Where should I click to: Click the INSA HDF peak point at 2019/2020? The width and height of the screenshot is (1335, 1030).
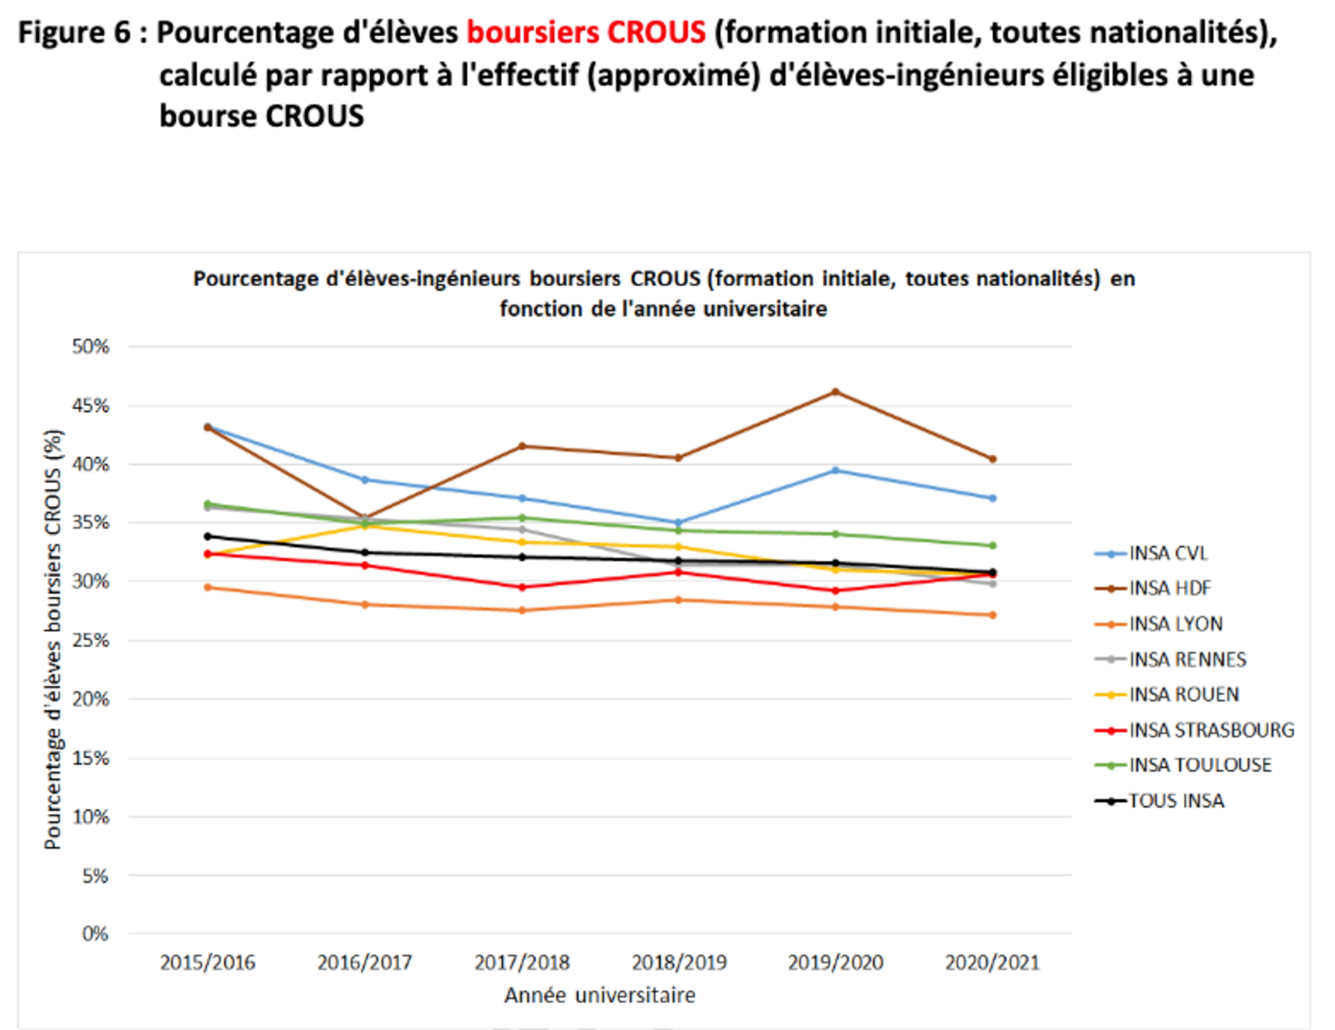tap(836, 392)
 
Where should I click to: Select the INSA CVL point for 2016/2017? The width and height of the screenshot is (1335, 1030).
tap(365, 480)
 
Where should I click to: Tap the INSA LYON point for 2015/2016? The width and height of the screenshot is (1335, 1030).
tap(208, 587)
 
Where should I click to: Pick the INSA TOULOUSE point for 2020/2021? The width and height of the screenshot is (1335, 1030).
tap(993, 545)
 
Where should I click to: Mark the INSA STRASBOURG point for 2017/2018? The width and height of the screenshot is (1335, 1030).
tap(522, 587)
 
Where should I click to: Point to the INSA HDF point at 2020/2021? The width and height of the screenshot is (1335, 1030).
tap(993, 459)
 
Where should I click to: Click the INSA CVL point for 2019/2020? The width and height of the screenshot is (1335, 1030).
tap(836, 470)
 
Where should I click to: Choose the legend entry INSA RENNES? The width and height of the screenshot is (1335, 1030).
tap(1186, 659)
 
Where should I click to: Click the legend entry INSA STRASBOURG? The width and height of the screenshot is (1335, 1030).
tap(1211, 730)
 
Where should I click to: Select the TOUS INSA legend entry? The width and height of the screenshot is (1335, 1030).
tap(1175, 800)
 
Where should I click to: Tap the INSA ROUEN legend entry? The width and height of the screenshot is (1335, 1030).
tap(1183, 695)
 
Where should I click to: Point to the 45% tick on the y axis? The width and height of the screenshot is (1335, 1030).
tap(90, 406)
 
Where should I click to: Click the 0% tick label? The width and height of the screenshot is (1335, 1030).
tap(95, 934)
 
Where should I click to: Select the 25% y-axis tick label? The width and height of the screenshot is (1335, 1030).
tap(90, 640)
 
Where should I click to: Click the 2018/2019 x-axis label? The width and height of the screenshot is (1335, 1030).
tap(679, 963)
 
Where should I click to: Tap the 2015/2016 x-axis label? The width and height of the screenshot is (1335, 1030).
tap(208, 963)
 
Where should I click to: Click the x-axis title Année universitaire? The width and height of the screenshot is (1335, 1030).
tap(600, 995)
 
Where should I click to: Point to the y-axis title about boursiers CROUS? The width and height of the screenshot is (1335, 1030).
tap(53, 639)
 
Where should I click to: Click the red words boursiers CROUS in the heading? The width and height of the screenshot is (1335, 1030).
tap(586, 32)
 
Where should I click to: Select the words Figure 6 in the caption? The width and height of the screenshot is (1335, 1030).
tap(74, 32)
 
